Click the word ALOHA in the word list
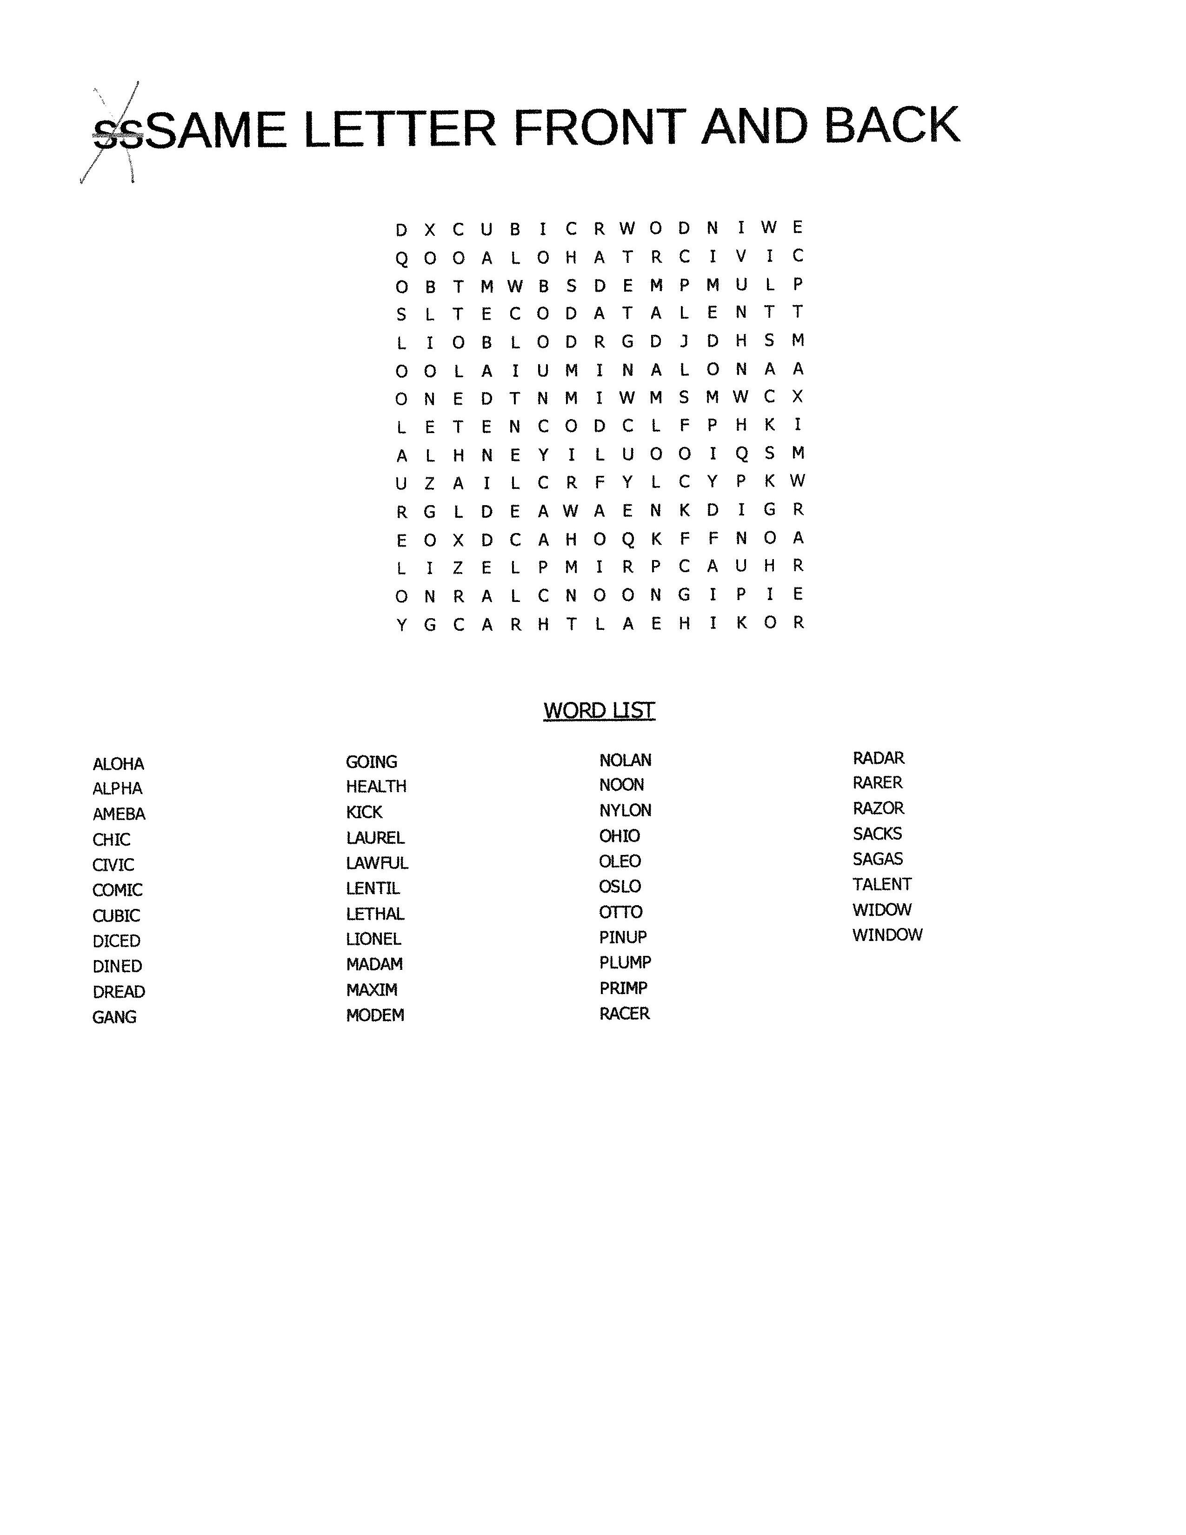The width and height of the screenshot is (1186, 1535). click(118, 764)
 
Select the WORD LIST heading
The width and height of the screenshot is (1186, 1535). click(599, 711)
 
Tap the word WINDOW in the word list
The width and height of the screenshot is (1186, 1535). click(886, 935)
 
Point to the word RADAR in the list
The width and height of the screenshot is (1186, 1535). click(878, 758)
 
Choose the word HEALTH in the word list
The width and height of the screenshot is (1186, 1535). click(376, 787)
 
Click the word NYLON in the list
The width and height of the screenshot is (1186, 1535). click(625, 810)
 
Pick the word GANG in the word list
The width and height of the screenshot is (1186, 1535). click(114, 1017)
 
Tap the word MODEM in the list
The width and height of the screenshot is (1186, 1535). click(374, 1015)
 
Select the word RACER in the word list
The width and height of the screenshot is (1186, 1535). click(624, 1014)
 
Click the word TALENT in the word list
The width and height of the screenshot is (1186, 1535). click(882, 884)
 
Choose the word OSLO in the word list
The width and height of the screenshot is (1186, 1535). click(620, 886)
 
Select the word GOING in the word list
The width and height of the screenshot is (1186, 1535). click(371, 762)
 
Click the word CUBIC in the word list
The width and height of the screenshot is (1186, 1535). click(116, 916)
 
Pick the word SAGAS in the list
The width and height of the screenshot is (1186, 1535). click(878, 859)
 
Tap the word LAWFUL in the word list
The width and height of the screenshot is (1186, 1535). click(377, 863)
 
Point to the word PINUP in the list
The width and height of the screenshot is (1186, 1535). click(622, 937)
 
